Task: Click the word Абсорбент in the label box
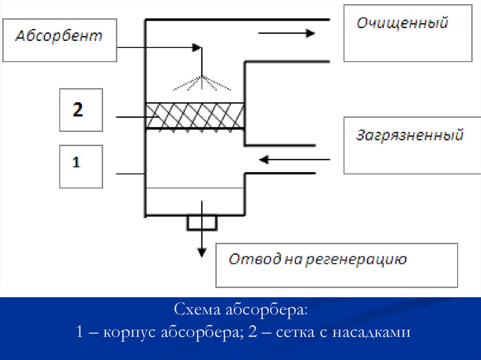coord(59,37)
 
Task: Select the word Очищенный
coord(402,23)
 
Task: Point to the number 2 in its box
coord(78,110)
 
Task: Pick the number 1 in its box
coord(77,163)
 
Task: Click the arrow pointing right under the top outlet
coord(286,33)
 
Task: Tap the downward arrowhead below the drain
coord(202,252)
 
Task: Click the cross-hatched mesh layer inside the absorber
coord(194,115)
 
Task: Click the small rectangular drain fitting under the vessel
coord(202,222)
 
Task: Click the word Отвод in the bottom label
coord(248,259)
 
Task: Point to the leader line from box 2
coord(131,117)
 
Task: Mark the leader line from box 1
coord(130,174)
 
